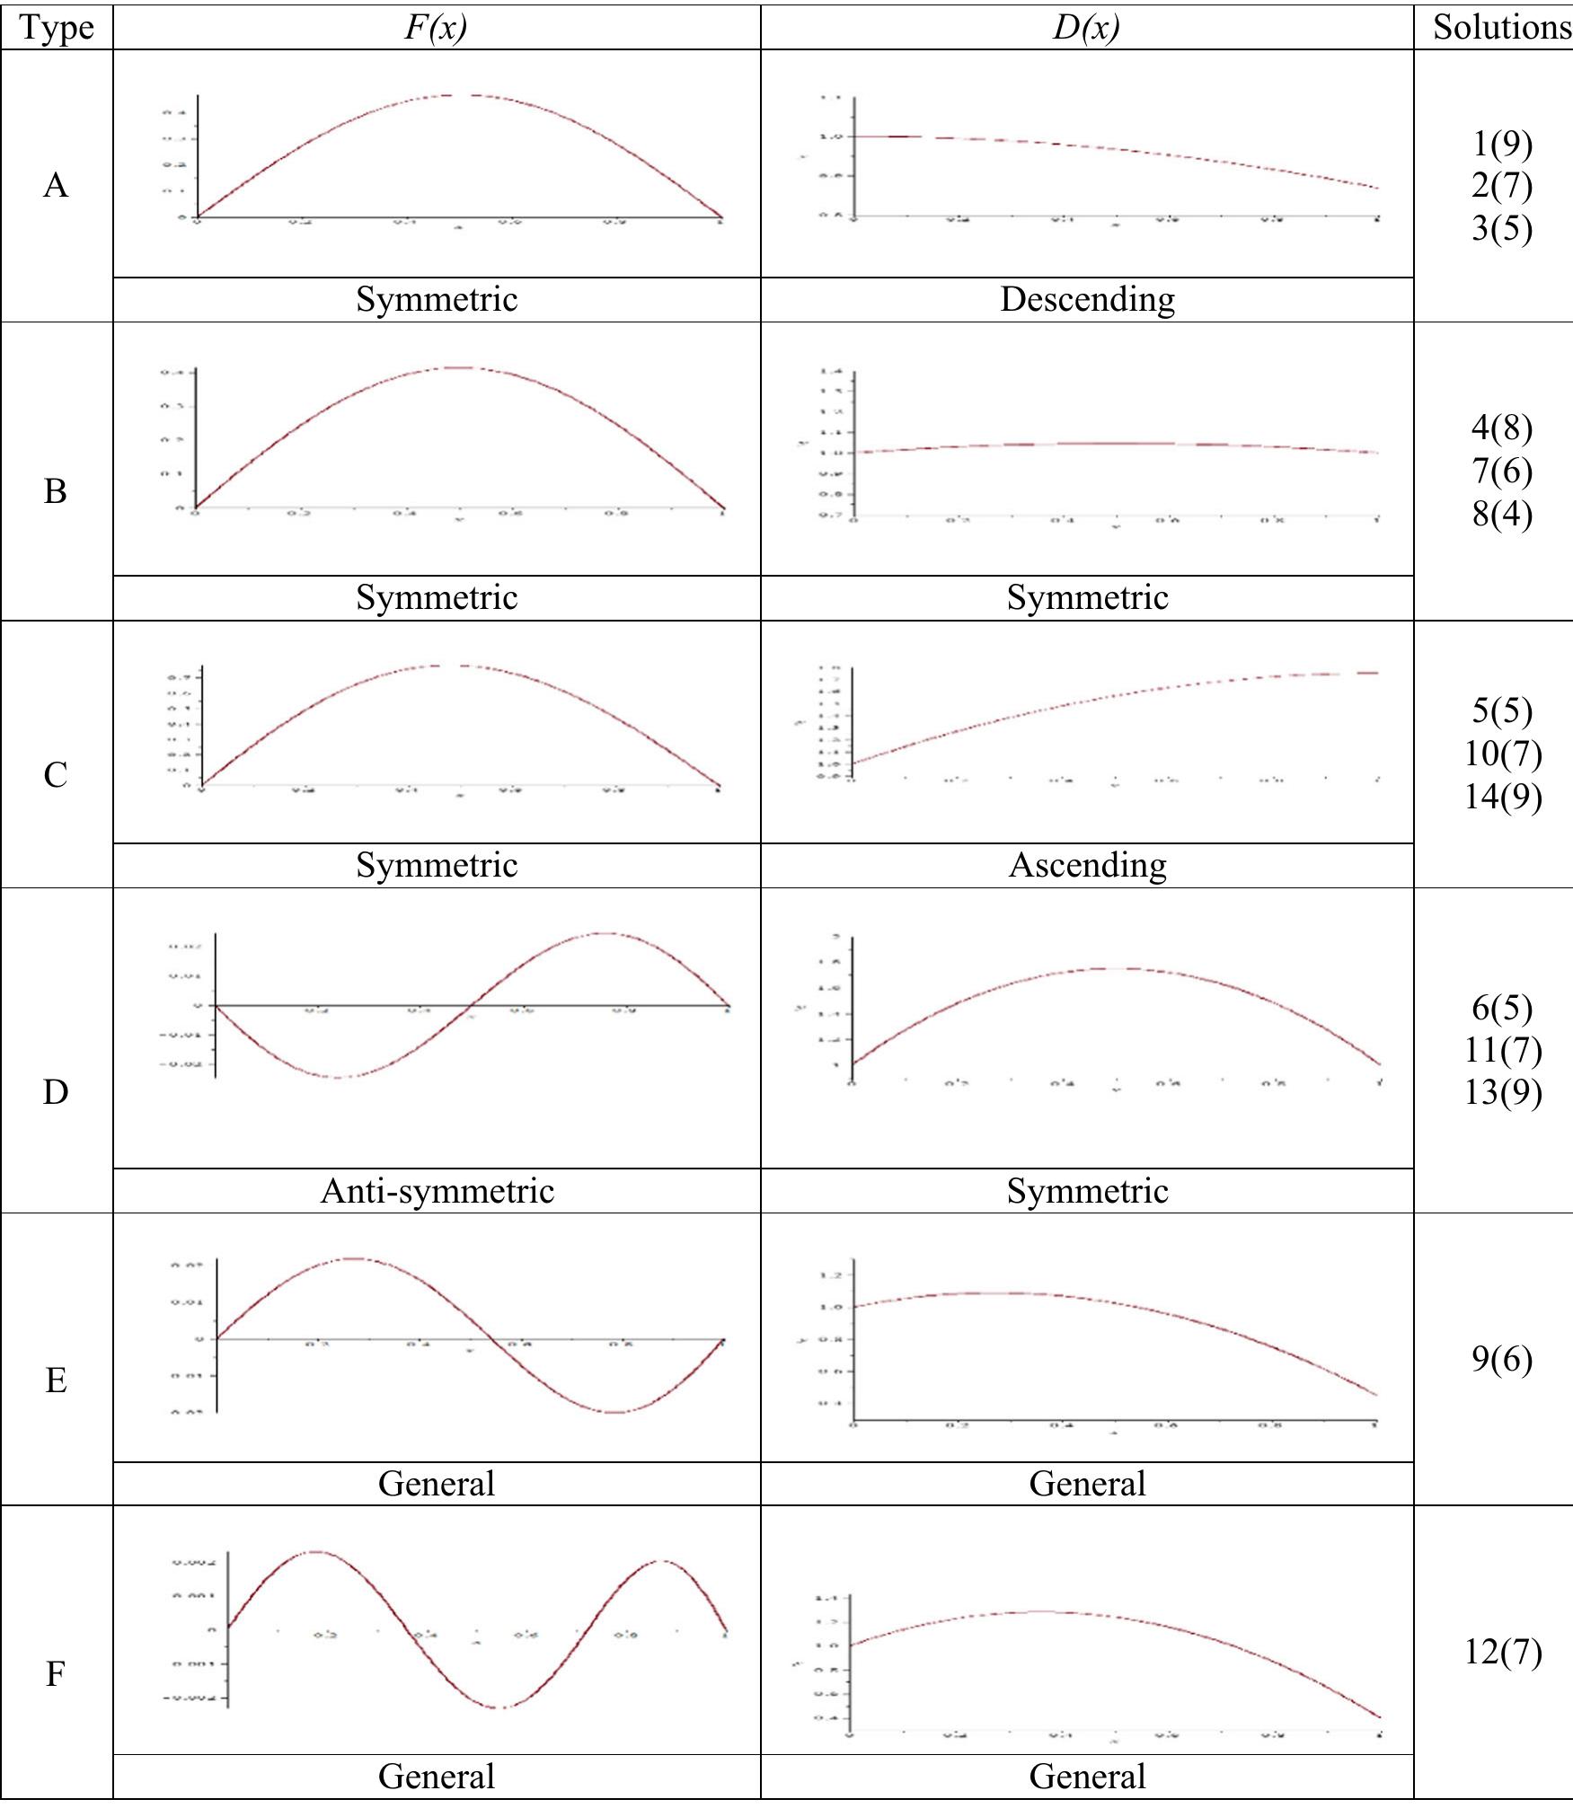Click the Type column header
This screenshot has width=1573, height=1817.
point(56,27)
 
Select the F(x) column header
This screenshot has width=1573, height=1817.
point(436,27)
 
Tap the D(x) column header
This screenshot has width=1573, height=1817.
point(1086,27)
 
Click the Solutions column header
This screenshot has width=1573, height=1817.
point(1500,27)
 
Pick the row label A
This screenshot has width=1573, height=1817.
point(56,185)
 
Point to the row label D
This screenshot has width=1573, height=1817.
point(56,1092)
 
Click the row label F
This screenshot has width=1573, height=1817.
point(56,1674)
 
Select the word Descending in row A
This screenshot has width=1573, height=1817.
point(1087,299)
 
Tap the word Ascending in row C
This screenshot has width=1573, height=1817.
point(1087,865)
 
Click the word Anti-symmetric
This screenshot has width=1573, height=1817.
point(437,1191)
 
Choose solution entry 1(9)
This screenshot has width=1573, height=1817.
point(1501,144)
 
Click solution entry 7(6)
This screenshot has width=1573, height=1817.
point(1501,471)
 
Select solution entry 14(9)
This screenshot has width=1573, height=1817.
point(1502,796)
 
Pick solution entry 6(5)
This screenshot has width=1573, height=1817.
point(1501,1008)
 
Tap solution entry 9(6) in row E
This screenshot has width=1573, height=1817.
point(1501,1359)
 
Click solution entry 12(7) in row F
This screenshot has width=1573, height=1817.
point(1502,1652)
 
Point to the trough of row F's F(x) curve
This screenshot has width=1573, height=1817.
point(500,1707)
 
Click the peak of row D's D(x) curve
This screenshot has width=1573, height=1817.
point(1114,968)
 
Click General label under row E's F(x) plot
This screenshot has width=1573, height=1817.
point(437,1483)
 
